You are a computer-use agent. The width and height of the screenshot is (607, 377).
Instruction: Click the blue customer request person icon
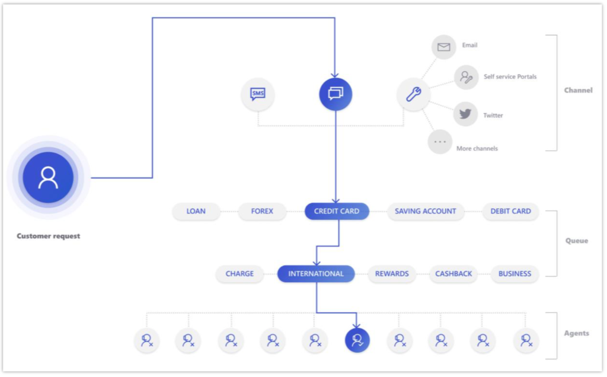coord(48,177)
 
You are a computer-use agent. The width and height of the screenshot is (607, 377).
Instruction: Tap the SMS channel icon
coord(258,94)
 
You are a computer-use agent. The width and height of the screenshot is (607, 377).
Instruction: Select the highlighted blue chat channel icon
coord(336,94)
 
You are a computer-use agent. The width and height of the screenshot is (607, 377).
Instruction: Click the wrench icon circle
coord(413,94)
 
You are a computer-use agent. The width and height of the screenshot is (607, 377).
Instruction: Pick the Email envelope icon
coord(443,47)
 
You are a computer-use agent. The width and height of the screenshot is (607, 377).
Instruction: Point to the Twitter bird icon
coord(465,114)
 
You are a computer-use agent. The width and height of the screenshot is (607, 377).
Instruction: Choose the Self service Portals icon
coord(466,78)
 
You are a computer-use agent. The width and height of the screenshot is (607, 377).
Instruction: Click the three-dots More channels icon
coord(440,142)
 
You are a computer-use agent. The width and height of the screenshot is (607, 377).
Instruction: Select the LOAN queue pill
coord(196,212)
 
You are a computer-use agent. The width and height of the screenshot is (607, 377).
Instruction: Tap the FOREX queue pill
coord(262,212)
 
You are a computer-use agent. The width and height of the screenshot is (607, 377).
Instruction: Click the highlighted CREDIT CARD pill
coord(337,212)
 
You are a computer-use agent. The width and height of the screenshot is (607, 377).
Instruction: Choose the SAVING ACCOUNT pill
coord(426,212)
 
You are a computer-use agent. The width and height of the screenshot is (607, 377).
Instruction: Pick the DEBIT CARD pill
coord(510,212)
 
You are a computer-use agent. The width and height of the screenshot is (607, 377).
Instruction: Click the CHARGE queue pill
coord(239,274)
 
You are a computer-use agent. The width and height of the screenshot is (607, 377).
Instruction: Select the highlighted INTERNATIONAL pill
coord(316,274)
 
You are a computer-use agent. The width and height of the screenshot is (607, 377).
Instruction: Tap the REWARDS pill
coord(392,274)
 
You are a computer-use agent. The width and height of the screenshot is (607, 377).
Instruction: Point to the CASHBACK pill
coord(453,274)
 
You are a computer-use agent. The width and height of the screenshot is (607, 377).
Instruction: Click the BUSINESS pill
coord(515,274)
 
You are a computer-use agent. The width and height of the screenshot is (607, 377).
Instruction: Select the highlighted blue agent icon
coord(357,340)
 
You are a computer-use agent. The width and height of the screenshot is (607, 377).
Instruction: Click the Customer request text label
coord(49,236)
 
